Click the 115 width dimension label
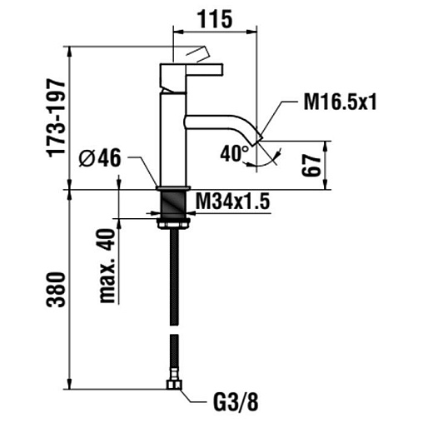click(x=215, y=19)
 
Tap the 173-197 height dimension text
click(x=57, y=118)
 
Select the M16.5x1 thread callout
click(x=340, y=102)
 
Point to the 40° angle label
click(x=235, y=153)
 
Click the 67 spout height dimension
click(x=311, y=166)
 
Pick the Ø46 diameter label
click(x=100, y=157)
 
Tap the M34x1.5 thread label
click(x=232, y=202)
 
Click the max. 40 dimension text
click(x=107, y=266)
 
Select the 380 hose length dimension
click(x=56, y=290)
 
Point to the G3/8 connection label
click(x=236, y=402)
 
